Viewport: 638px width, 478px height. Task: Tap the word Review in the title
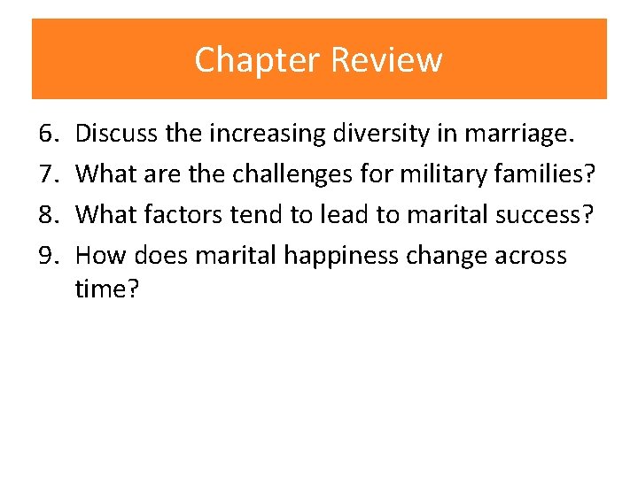(386, 60)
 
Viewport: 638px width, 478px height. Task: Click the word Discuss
(115, 134)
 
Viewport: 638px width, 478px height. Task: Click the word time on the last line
(103, 289)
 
